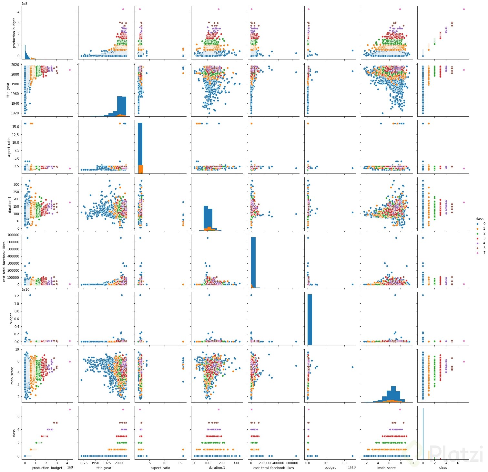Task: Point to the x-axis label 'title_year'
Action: pos(104,467)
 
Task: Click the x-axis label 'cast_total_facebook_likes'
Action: pos(274,467)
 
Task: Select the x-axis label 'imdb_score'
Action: pos(387,467)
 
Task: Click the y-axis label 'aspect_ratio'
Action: pos(9,147)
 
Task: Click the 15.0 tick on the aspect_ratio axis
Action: pos(15,127)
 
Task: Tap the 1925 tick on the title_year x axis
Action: pos(83,463)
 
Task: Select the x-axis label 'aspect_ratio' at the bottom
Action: pos(161,467)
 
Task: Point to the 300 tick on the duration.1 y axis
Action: pos(16,184)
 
